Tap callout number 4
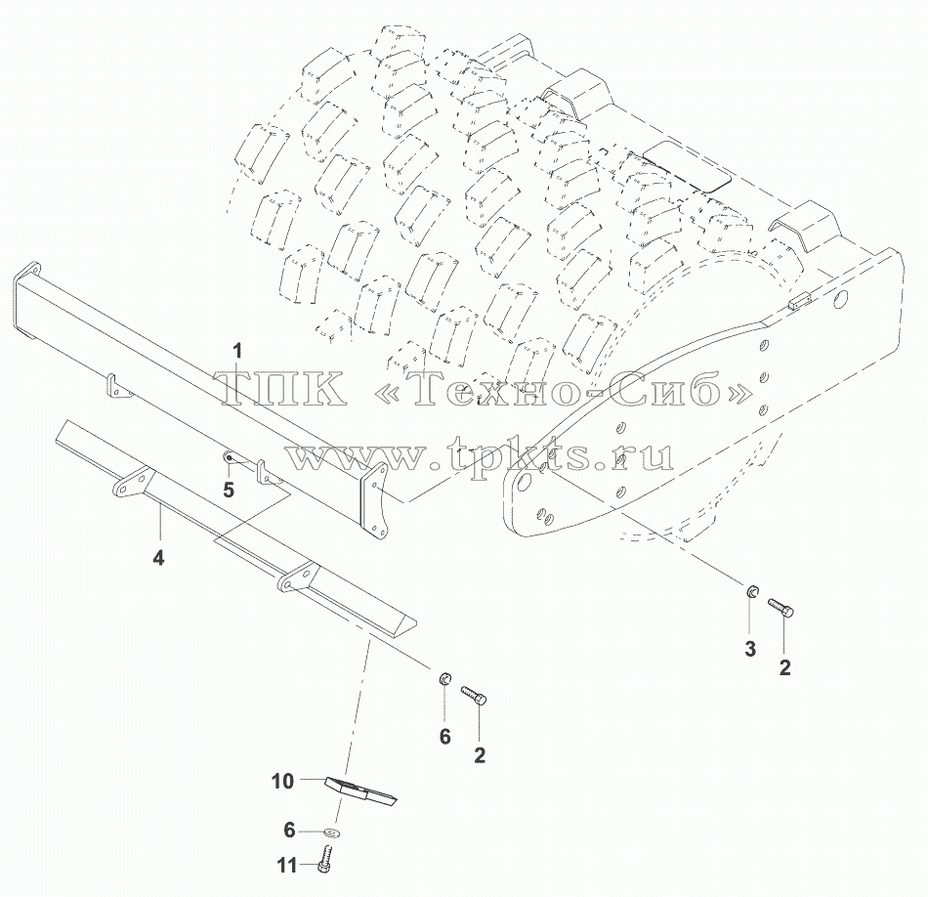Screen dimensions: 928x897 pyautogui.click(x=158, y=557)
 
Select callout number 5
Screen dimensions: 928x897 pyautogui.click(x=229, y=490)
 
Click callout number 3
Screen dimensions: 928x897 pyautogui.click(x=750, y=649)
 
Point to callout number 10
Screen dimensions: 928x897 pyautogui.click(x=283, y=781)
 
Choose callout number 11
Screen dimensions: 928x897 pyautogui.click(x=286, y=866)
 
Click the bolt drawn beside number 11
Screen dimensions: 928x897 pyautogui.click(x=323, y=858)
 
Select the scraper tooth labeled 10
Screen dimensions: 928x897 pyautogui.click(x=361, y=791)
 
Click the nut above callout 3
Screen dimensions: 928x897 pyautogui.click(x=751, y=590)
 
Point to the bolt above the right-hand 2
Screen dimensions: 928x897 pyautogui.click(x=780, y=608)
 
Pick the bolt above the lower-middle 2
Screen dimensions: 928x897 pyautogui.click(x=474, y=695)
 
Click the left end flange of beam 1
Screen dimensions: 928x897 pyautogui.click(x=27, y=300)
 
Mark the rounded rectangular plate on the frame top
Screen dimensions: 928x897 pyautogui.click(x=687, y=167)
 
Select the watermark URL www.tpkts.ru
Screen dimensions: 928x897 pyautogui.click(x=481, y=455)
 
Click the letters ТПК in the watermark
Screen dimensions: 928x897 pyautogui.click(x=283, y=390)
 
